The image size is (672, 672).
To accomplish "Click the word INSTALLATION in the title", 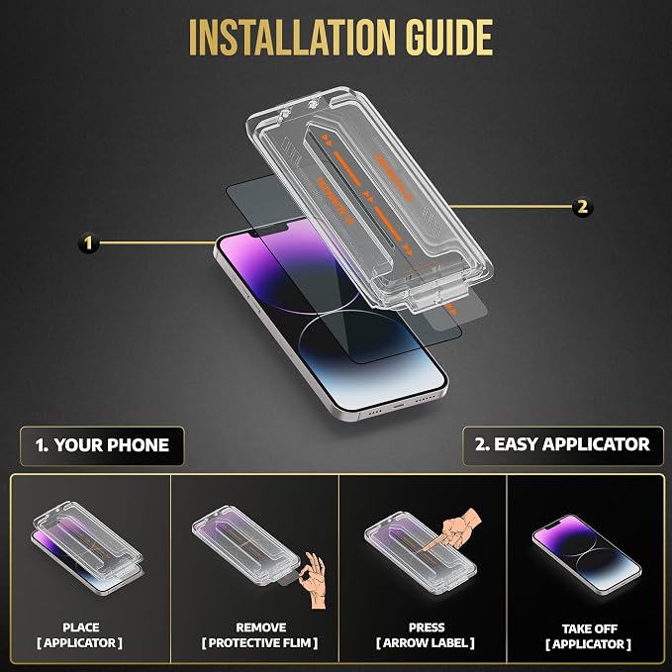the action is [292, 38].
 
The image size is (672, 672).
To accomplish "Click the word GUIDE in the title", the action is [449, 38].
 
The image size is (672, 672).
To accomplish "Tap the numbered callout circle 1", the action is [88, 243].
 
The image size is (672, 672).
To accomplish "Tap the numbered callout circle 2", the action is [582, 207].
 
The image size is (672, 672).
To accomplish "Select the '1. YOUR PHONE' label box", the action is [102, 445].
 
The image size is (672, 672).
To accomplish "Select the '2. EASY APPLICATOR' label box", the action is [563, 445].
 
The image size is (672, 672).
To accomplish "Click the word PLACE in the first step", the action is [81, 627].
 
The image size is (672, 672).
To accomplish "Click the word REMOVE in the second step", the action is [261, 627].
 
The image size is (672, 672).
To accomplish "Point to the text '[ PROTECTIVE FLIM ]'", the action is [259, 643].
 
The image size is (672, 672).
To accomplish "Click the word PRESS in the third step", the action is [427, 627].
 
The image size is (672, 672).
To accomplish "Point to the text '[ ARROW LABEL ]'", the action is [426, 643].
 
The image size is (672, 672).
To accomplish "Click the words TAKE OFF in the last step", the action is [589, 628].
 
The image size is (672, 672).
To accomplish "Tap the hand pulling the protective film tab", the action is [314, 581].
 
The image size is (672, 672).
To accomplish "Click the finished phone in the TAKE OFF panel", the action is [587, 554].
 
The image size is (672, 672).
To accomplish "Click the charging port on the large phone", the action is [399, 405].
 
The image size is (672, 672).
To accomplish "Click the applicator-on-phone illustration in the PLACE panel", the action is [87, 548].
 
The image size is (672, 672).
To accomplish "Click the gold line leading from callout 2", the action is [511, 207].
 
